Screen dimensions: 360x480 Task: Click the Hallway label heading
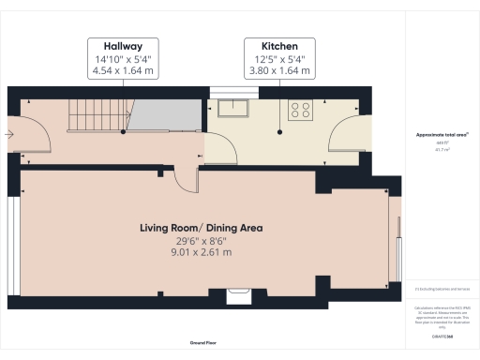point(124,45)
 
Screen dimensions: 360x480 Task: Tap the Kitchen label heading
point(278,45)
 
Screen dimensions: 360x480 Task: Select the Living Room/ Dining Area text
point(201,228)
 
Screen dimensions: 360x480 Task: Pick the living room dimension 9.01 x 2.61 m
point(201,252)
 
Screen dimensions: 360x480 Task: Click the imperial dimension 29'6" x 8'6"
point(201,240)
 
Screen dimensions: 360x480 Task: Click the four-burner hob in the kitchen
point(301,109)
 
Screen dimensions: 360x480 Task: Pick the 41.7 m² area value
point(438,149)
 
